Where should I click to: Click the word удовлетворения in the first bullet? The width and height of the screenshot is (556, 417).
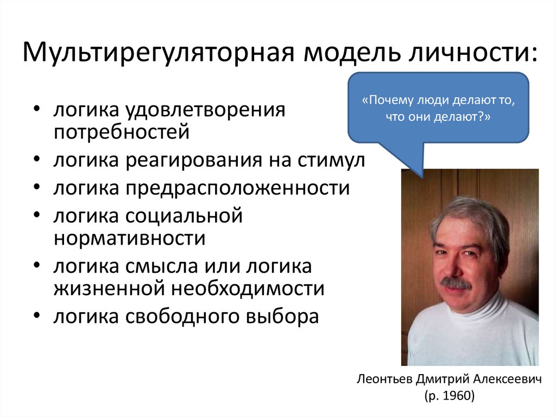(x=207, y=110)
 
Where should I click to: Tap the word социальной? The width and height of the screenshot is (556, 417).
(x=185, y=216)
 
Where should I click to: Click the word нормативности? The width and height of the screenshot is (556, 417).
(x=129, y=238)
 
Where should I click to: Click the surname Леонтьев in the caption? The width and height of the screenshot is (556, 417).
(x=385, y=379)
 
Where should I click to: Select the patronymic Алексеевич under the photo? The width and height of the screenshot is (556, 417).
(x=510, y=379)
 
